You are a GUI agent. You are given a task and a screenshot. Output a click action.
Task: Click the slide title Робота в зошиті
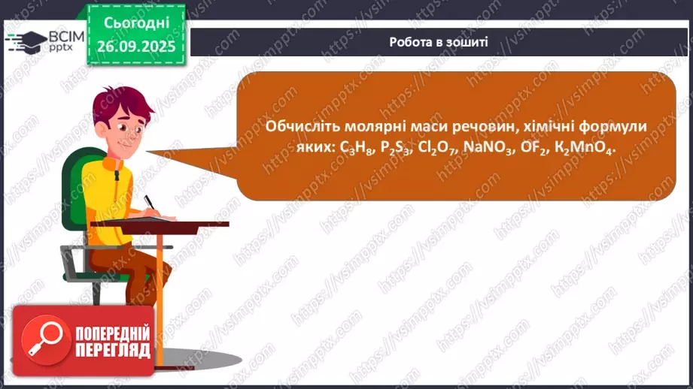tap(439, 42)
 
